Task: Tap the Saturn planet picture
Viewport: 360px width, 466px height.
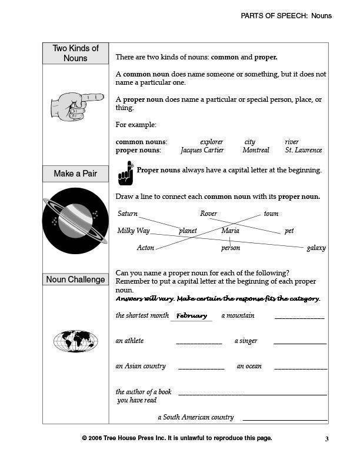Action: click(75, 221)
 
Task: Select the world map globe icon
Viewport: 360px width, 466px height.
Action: click(75, 341)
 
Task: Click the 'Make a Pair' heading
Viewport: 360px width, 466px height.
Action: click(75, 174)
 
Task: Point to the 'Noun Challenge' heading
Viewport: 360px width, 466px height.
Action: click(75, 279)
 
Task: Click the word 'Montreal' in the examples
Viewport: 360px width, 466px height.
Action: click(256, 150)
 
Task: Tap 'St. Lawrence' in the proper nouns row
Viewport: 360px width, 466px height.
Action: click(304, 150)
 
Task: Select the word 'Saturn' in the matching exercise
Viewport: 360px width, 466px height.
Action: click(128, 214)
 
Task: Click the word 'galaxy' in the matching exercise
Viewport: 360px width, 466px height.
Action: click(316, 248)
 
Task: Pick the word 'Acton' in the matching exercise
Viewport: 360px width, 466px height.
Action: click(145, 248)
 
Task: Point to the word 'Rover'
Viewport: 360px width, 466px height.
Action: click(209, 214)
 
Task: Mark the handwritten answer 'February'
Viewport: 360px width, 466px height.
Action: click(191, 316)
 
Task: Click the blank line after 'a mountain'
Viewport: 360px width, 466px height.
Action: click(299, 318)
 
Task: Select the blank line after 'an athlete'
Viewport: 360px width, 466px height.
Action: click(199, 343)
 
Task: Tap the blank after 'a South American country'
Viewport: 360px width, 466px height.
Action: click(285, 420)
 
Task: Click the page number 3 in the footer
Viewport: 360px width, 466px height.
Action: click(326, 438)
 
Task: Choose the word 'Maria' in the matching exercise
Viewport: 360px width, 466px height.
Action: click(230, 231)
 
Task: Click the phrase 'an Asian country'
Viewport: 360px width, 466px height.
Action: click(141, 366)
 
